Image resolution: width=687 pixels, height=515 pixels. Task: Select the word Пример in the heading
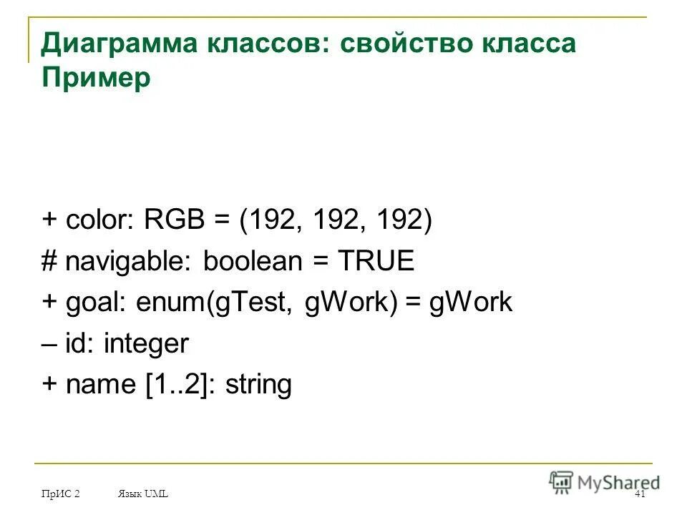point(96,78)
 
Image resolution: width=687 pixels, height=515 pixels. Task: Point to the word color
point(96,220)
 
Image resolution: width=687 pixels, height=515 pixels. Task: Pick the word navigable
point(127,262)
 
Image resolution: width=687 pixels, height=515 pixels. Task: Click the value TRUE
point(376,261)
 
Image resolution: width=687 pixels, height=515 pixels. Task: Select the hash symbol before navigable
point(49,262)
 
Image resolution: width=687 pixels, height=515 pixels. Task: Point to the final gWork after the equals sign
point(471,303)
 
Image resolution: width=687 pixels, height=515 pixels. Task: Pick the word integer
point(146,345)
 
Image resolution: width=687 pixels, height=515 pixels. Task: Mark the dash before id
point(49,345)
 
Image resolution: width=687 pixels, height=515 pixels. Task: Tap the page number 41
point(640,495)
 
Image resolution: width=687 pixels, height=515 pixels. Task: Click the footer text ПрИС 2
point(60,495)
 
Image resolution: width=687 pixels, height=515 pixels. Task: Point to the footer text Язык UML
point(142,495)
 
